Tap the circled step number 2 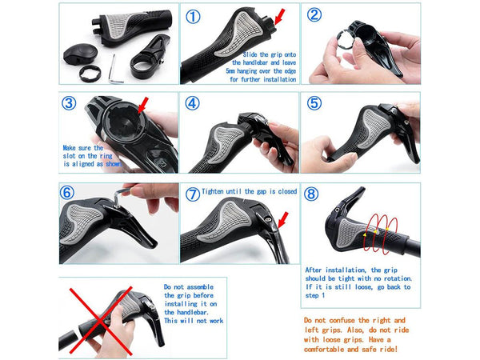315,15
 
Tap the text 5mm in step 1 234,71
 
